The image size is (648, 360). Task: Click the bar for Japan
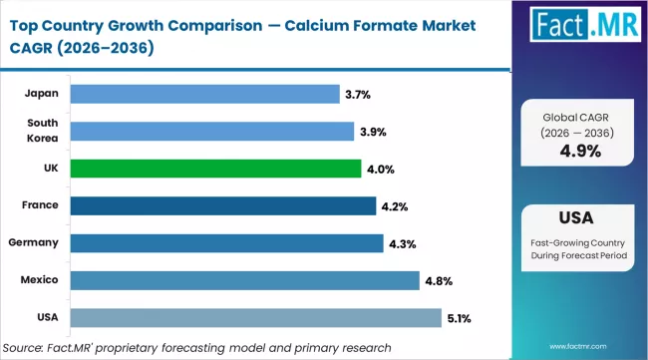click(x=204, y=94)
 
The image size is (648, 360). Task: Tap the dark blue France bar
click(x=223, y=205)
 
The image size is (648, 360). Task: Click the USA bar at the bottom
click(x=255, y=317)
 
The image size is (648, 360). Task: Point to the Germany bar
click(x=226, y=243)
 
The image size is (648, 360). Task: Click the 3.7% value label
click(x=358, y=95)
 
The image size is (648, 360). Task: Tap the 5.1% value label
click(x=460, y=318)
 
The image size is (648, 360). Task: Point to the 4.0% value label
click(x=380, y=170)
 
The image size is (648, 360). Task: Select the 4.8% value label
click(x=438, y=281)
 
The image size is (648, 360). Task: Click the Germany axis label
click(x=35, y=243)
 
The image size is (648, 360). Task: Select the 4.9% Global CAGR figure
click(x=579, y=152)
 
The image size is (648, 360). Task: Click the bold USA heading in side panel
click(x=579, y=216)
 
